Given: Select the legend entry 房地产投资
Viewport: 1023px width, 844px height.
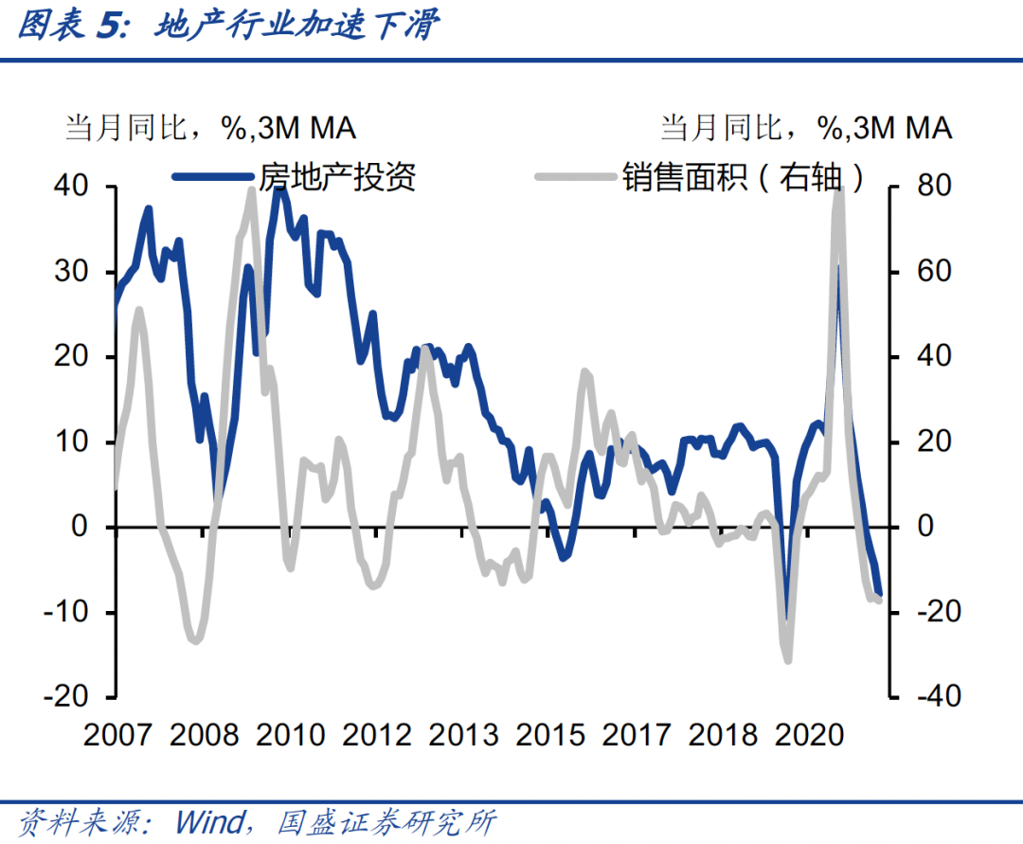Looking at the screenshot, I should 337,176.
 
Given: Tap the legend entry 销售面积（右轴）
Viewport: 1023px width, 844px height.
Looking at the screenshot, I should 745,176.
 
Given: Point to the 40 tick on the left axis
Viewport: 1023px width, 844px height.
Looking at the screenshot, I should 70,187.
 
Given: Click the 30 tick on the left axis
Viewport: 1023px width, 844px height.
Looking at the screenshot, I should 70,272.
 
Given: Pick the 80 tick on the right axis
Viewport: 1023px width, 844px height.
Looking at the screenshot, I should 932,187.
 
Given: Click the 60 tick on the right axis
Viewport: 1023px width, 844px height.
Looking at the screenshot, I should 932,272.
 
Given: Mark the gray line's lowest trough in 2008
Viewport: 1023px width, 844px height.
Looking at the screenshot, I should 195,641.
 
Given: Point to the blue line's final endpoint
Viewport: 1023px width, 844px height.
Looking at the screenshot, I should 879,592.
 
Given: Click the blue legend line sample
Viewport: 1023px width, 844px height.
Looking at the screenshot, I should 214,176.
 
